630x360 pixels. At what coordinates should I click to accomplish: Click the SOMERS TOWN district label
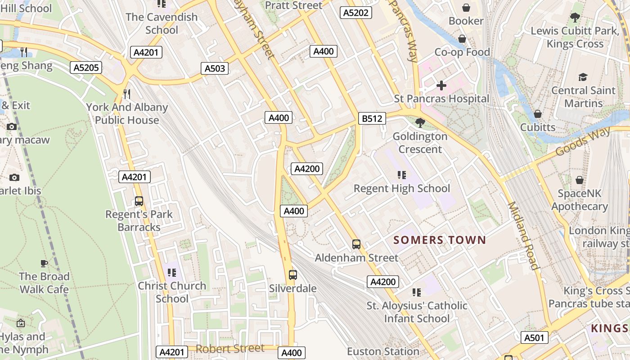440,240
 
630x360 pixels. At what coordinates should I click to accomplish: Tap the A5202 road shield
356,13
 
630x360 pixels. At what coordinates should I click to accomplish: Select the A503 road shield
215,68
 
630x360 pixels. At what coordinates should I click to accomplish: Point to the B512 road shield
372,118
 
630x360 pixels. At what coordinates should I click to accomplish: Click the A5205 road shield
86,67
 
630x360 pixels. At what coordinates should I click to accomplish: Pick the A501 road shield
535,337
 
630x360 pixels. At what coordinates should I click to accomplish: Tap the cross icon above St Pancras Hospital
441,85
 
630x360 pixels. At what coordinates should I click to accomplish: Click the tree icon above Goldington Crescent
420,122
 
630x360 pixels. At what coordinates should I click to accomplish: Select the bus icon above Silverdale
292,274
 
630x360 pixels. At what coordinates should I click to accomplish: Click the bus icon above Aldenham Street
356,244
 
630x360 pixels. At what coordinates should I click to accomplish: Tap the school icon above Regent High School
401,175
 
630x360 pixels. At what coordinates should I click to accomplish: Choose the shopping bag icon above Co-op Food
462,39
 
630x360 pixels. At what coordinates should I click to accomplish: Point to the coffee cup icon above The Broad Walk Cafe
44,263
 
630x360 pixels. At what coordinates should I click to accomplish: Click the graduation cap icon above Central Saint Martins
583,77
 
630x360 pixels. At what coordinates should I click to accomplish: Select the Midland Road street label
523,235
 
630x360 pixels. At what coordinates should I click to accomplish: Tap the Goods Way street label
583,141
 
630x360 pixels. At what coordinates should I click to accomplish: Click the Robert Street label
230,348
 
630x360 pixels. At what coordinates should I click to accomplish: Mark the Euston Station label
383,351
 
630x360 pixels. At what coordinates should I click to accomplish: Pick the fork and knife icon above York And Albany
127,94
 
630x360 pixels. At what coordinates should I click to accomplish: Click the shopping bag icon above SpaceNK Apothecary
579,180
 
